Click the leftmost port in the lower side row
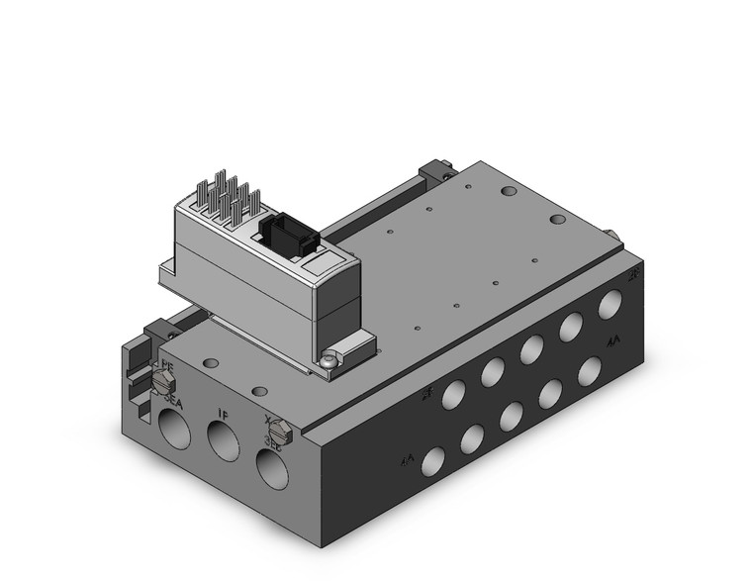(x=432, y=460)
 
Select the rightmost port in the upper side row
(x=608, y=305)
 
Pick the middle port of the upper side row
(x=531, y=348)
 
